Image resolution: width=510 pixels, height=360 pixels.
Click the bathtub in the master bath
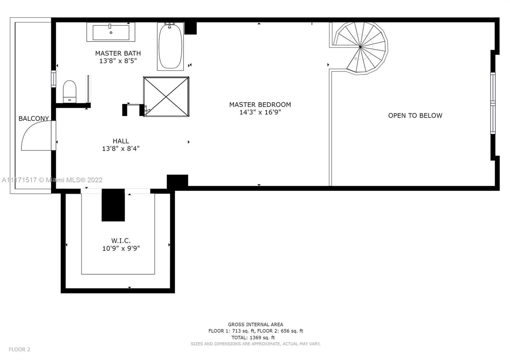pos(170,47)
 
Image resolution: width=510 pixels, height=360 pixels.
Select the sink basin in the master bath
pos(111,32)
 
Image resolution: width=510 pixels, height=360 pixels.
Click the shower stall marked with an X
pos(166,97)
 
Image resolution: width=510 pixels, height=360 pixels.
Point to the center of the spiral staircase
pos(360,47)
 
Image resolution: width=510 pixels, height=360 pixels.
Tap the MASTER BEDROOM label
pos(260,105)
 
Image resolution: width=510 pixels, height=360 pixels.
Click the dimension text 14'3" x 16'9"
pos(260,112)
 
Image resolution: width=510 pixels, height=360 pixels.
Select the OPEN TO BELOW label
pos(415,116)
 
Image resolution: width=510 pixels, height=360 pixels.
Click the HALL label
pos(121,141)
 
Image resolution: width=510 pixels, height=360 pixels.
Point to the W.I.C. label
pos(121,241)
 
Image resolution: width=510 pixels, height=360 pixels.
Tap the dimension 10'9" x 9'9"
pos(121,248)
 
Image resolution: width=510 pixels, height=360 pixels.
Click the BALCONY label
pos(34,119)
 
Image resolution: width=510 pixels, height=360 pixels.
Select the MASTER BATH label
pos(118,53)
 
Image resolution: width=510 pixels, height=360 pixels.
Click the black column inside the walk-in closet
pos(113,205)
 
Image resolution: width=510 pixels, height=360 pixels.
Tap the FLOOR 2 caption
pos(19,349)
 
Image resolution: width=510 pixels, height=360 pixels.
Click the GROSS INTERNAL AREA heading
pos(255,325)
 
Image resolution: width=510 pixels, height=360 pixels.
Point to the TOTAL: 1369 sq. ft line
pos(253,338)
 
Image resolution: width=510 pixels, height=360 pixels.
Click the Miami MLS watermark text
pos(52,180)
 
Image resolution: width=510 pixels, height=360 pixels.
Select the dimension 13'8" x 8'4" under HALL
pos(121,148)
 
